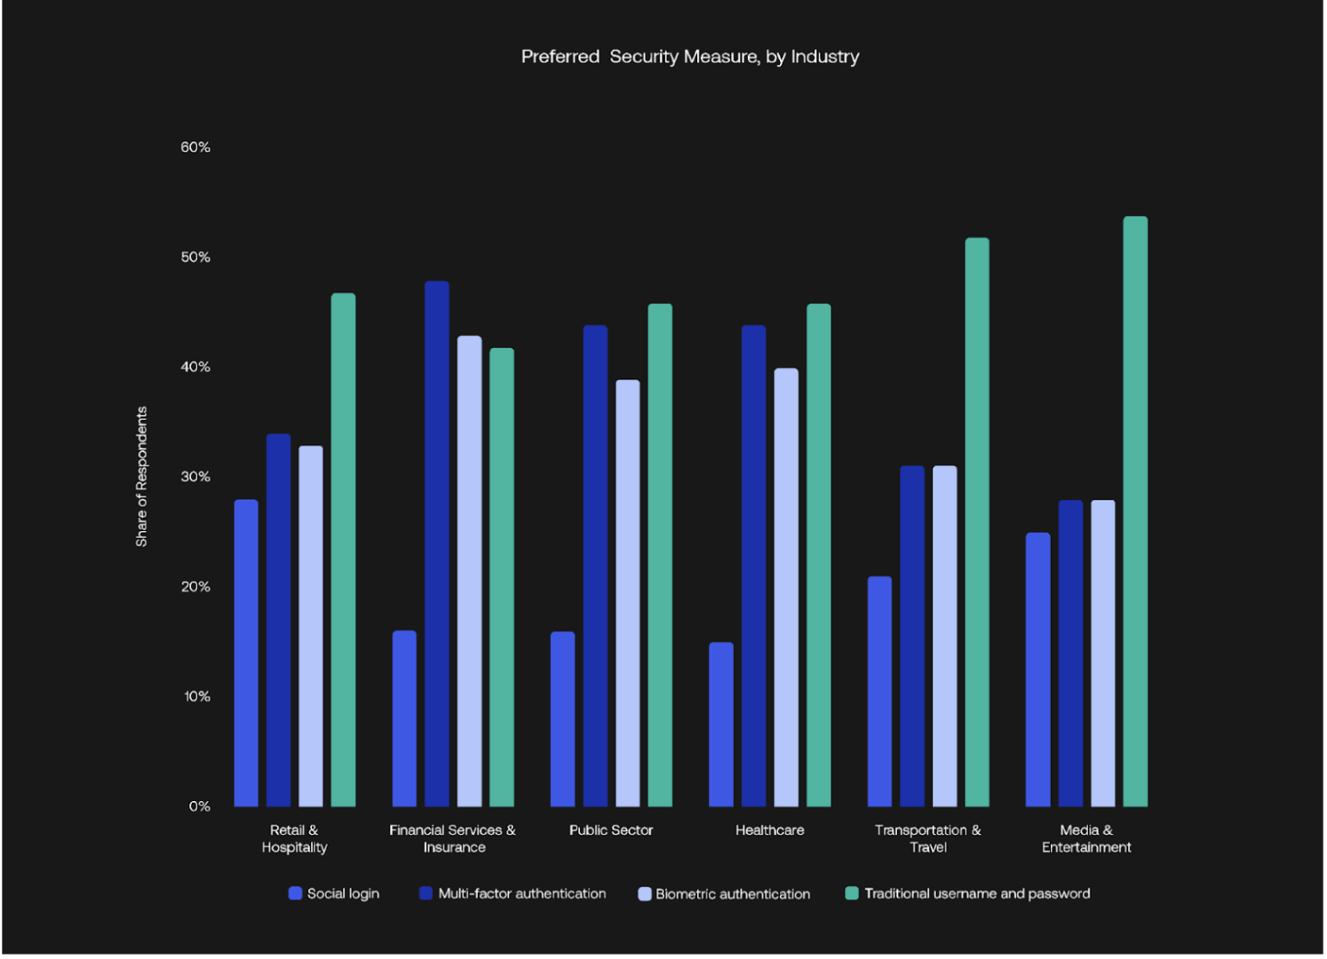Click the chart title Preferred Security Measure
point(689,57)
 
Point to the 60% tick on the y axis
point(195,147)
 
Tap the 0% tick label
point(199,806)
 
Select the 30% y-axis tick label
point(195,477)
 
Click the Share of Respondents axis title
point(141,477)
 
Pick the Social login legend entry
point(334,893)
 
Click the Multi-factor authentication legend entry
point(513,893)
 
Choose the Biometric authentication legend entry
point(724,894)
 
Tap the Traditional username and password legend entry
point(967,893)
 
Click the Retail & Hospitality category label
point(294,838)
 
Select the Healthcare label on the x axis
point(769,830)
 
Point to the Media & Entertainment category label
point(1085,838)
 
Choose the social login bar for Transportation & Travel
point(879,692)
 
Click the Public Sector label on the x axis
point(611,830)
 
